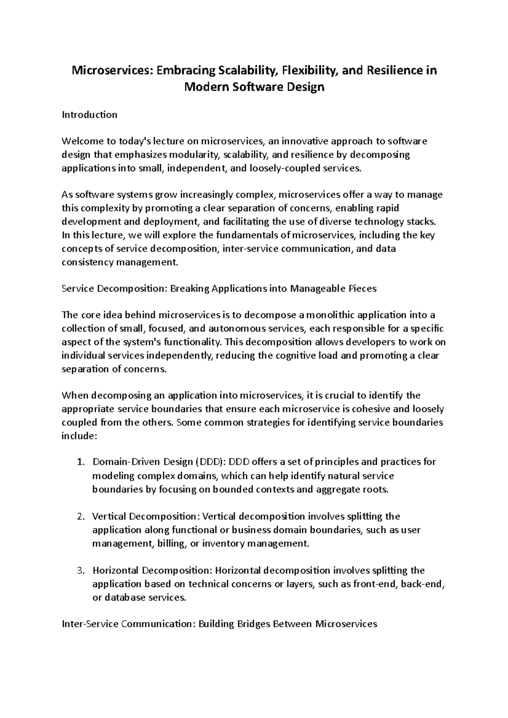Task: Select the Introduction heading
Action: [x=89, y=115]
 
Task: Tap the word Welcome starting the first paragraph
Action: [x=80, y=141]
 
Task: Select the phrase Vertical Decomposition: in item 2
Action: [x=146, y=517]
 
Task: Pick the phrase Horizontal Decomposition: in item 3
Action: [x=153, y=571]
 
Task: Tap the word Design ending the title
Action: [x=305, y=88]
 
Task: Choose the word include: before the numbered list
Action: [x=80, y=436]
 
